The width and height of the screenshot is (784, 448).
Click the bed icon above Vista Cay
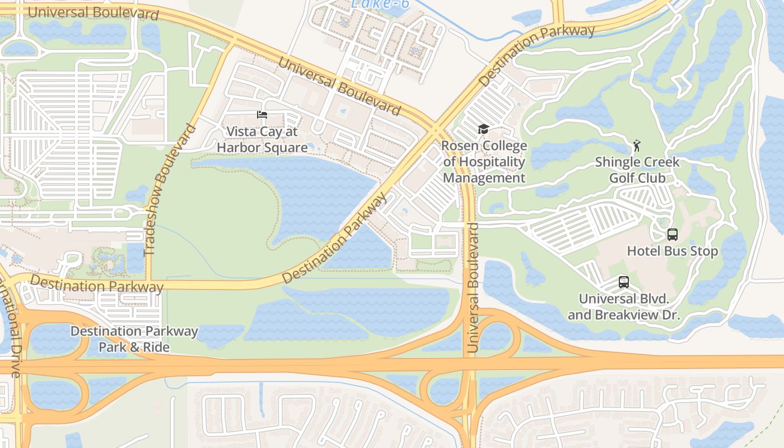pos(262,115)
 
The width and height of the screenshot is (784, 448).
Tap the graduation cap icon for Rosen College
pos(483,129)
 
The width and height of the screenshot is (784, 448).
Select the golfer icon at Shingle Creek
pos(636,147)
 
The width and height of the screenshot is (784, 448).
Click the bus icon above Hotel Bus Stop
pos(672,235)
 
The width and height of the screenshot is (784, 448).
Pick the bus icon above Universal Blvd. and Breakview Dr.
pos(624,282)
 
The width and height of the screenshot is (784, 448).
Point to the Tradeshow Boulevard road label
pos(170,190)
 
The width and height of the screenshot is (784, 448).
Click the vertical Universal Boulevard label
pos(473,287)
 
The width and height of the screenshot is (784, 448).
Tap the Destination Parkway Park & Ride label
pos(134,339)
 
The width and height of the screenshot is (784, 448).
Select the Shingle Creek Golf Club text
pos(637,170)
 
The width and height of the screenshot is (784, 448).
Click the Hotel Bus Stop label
pos(672,251)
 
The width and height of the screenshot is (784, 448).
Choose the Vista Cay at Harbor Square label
pos(262,139)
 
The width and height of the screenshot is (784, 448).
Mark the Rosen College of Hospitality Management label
pos(484,162)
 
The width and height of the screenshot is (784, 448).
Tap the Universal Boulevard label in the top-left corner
pos(93,13)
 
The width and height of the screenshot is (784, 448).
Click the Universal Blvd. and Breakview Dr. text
pos(624,307)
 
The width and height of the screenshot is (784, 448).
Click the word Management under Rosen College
pos(484,178)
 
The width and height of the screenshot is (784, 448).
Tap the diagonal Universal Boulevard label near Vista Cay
pos(339,86)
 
